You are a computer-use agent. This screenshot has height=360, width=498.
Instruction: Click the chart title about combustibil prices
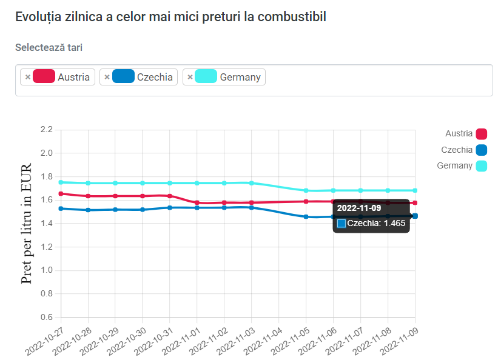click(x=170, y=17)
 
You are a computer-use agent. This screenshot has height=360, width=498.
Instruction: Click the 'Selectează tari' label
click(x=49, y=47)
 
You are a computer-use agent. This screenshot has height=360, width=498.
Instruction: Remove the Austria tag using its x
click(x=28, y=77)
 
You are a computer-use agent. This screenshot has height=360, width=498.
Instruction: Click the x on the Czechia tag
click(x=107, y=77)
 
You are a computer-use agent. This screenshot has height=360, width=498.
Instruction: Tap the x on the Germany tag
click(x=190, y=77)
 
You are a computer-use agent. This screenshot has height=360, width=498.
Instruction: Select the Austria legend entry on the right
click(x=465, y=134)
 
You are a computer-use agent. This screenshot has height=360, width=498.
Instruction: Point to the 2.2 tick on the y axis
click(x=47, y=130)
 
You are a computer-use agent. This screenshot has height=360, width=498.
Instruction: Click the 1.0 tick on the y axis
click(x=47, y=270)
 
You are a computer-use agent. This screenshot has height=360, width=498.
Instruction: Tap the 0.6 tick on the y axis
click(x=47, y=317)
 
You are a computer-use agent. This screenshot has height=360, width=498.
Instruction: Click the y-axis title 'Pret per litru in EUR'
click(x=27, y=223)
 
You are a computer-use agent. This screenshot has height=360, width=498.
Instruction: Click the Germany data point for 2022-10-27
click(x=61, y=182)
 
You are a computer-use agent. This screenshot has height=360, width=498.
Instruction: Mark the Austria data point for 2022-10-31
click(x=170, y=196)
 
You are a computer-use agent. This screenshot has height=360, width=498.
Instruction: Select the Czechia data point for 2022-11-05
click(x=306, y=216)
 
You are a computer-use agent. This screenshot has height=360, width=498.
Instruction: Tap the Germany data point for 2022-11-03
click(x=252, y=182)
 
